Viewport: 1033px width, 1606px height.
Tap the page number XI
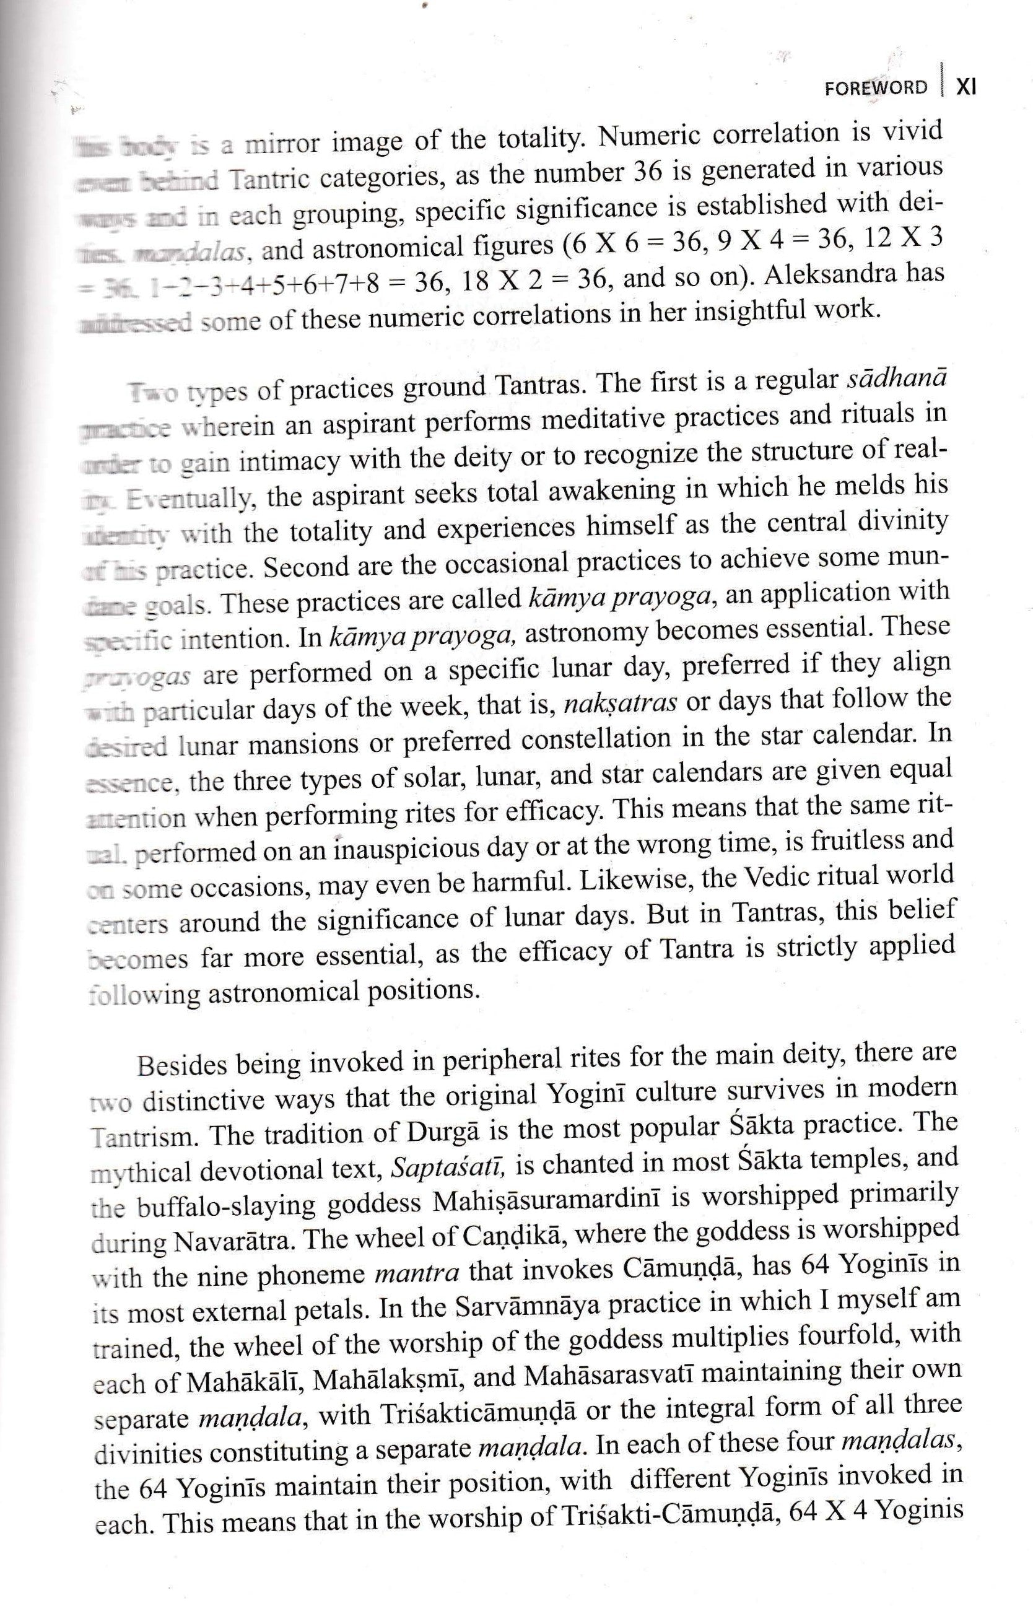[966, 87]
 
